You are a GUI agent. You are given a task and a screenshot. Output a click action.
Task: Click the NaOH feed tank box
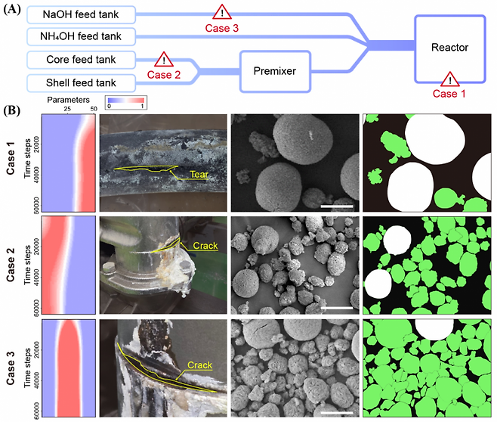tap(81, 14)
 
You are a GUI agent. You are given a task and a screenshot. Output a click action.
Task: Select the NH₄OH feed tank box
tap(81, 36)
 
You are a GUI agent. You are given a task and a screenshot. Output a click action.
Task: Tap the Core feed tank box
tap(81, 58)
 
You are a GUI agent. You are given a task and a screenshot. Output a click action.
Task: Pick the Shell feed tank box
tap(81, 81)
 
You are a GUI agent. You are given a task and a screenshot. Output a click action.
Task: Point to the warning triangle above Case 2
tap(162, 59)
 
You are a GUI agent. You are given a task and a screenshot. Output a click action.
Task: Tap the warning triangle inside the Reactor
tap(451, 79)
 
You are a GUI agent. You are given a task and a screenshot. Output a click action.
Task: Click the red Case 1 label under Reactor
tap(451, 93)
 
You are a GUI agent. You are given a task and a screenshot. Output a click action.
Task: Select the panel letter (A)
tap(14, 9)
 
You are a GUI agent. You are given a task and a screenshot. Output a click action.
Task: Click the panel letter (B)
tap(14, 110)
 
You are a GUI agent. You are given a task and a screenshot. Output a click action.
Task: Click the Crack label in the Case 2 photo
tap(205, 246)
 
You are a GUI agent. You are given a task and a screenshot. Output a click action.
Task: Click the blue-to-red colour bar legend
tap(127, 101)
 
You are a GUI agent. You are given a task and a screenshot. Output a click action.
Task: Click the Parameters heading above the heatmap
tap(68, 99)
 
